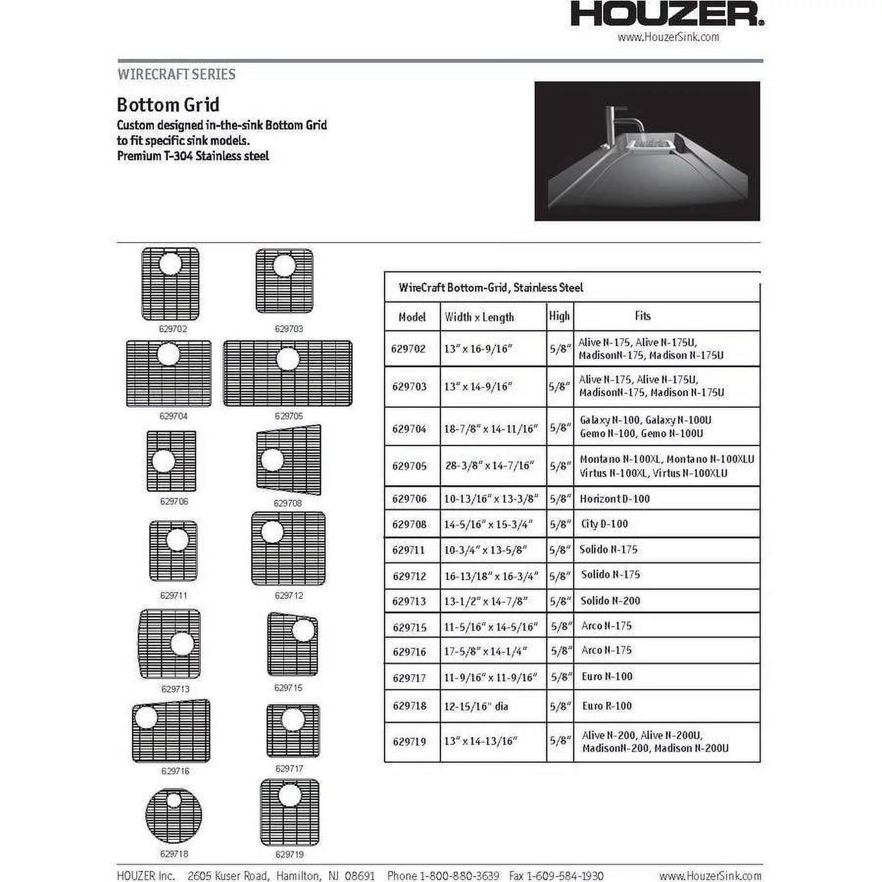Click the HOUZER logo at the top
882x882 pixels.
(667, 15)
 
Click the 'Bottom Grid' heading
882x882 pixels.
(168, 105)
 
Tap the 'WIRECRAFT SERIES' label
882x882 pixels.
(176, 74)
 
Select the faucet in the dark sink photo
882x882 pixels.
(622, 122)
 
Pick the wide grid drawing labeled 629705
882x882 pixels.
(288, 373)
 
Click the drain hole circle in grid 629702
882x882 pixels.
(170, 264)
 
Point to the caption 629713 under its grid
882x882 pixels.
(175, 689)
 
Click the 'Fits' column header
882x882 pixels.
(642, 316)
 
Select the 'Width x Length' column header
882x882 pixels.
(479, 317)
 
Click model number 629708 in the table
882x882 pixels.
(409, 524)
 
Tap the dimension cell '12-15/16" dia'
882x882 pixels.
(476, 706)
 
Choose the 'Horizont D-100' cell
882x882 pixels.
(614, 499)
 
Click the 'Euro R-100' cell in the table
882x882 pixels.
(607, 706)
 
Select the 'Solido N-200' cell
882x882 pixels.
(610, 601)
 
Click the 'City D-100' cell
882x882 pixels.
(604, 524)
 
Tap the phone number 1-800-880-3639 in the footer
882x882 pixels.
(459, 876)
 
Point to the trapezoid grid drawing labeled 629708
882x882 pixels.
(289, 460)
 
